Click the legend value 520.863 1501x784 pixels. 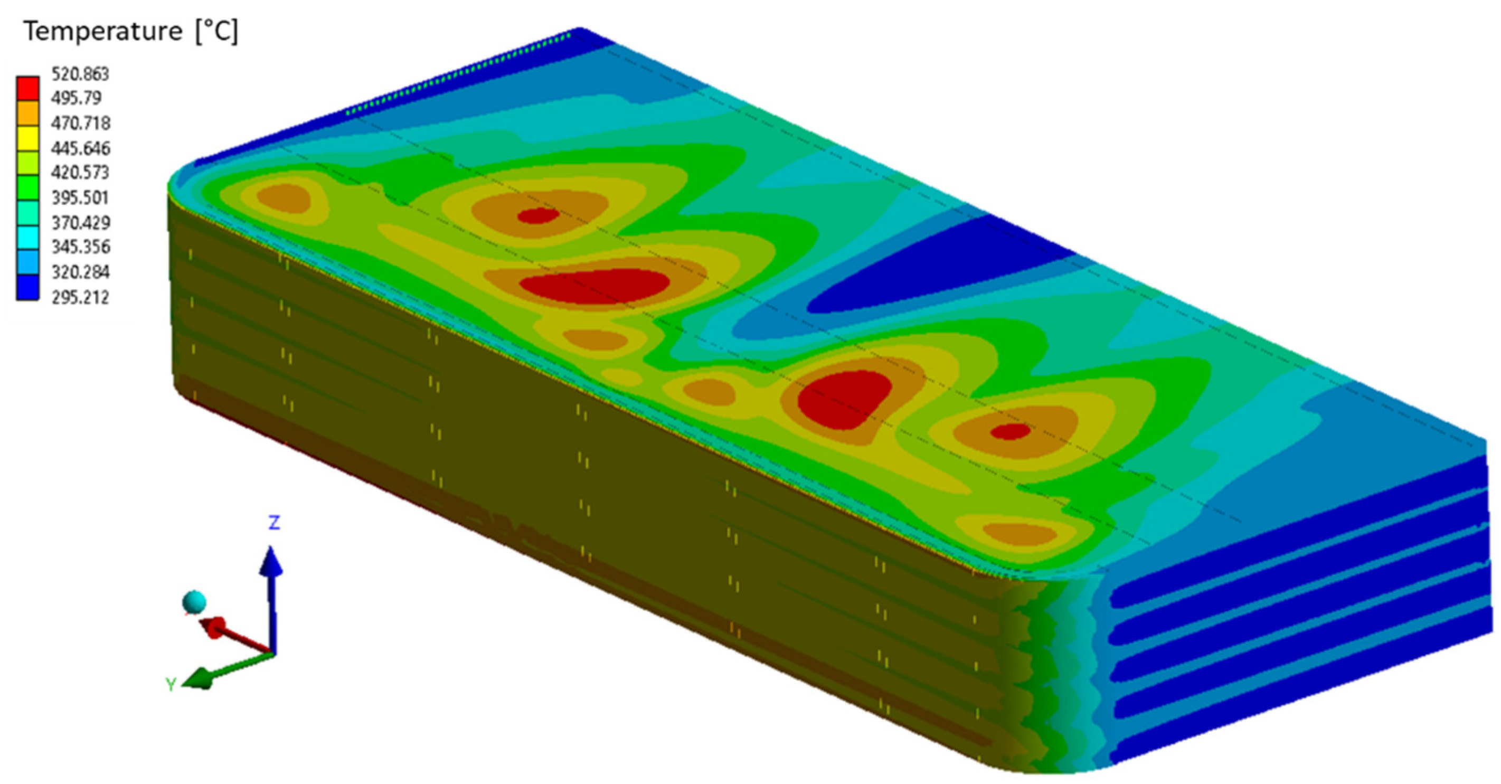[x=80, y=74]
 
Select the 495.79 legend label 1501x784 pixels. [x=77, y=98]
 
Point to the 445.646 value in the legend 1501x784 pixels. [x=80, y=148]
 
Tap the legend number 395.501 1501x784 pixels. [x=80, y=197]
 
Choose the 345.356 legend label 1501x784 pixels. [x=80, y=247]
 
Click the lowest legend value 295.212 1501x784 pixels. [x=80, y=297]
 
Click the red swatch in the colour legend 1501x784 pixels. [x=27, y=89]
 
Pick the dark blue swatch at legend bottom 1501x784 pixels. [x=27, y=288]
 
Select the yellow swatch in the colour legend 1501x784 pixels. [x=27, y=139]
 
